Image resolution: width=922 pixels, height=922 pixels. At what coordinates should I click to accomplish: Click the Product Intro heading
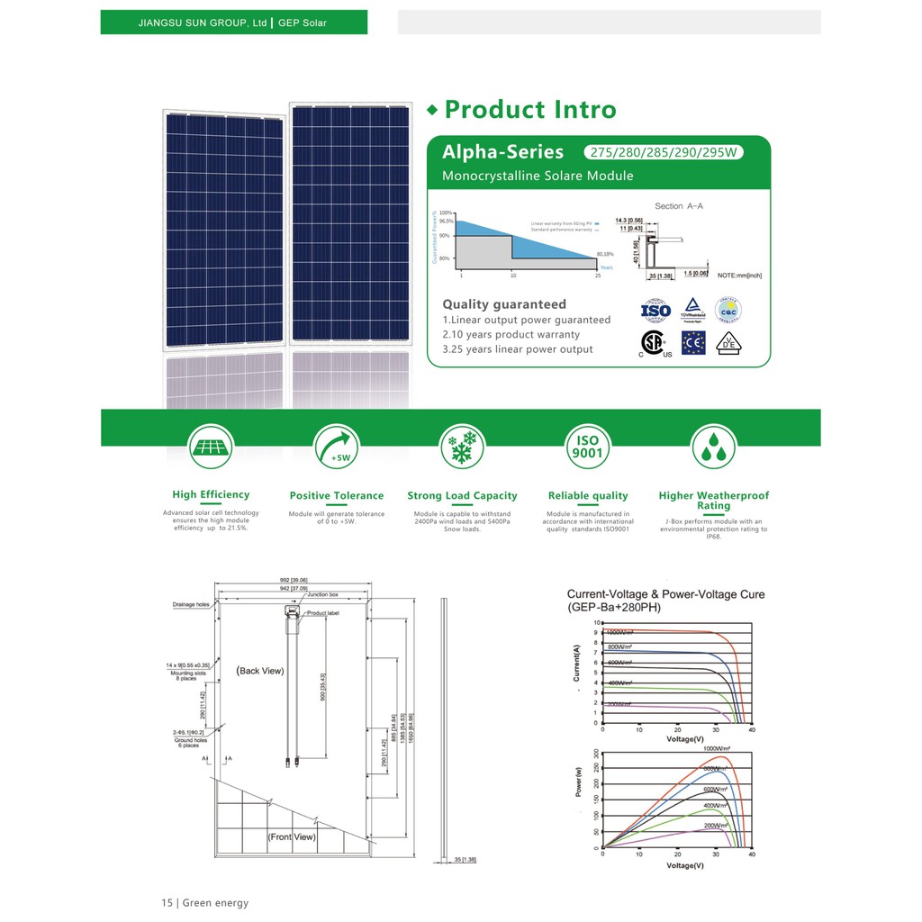(529, 110)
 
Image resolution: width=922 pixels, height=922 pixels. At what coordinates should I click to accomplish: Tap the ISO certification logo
(655, 312)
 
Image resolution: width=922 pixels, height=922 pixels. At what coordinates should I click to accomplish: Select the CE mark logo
(692, 343)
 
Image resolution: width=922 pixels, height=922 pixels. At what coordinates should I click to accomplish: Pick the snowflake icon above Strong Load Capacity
(462, 447)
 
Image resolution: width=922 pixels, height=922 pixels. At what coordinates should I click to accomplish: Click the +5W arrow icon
(337, 447)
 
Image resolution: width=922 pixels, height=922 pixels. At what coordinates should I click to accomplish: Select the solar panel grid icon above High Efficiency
(211, 447)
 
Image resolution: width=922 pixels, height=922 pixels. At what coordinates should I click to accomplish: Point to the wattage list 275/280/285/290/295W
(664, 152)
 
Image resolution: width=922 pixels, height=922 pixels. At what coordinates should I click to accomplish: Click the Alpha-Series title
(502, 151)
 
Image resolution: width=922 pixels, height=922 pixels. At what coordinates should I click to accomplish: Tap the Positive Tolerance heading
(337, 496)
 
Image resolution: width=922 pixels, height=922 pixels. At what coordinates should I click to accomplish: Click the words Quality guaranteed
(504, 304)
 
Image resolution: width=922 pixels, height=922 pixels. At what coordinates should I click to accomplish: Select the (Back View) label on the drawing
(260, 671)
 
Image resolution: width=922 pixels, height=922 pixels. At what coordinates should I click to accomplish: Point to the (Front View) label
(292, 836)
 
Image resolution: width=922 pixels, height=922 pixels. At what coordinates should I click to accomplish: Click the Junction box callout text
(322, 595)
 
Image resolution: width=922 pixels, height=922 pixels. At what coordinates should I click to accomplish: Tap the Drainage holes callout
(191, 605)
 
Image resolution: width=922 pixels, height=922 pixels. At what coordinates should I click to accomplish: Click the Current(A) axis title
(576, 663)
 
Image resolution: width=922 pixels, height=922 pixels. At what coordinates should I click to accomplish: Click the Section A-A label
(679, 206)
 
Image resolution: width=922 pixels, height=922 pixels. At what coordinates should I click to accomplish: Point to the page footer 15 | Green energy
(204, 903)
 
